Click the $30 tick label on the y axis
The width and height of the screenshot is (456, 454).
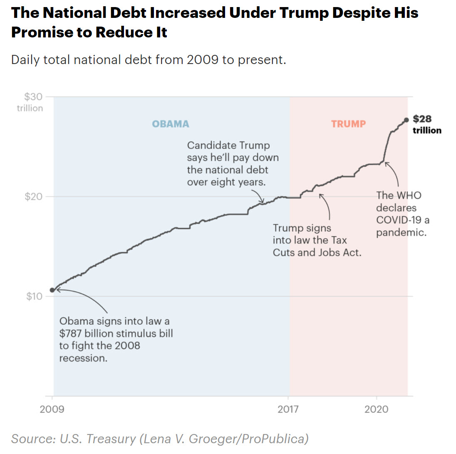tap(33, 97)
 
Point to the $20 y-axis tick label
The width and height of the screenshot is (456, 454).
tap(33, 196)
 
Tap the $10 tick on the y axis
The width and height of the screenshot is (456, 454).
tap(33, 296)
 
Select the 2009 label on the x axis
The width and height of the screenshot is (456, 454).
tap(52, 410)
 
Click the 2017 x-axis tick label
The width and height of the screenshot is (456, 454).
tap(288, 410)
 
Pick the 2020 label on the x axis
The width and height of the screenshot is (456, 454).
tap(377, 410)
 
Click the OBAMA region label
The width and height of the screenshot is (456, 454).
tap(171, 124)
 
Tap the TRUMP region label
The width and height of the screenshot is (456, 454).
tap(349, 124)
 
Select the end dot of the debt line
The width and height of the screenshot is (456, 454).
tap(406, 120)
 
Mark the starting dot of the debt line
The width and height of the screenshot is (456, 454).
tap(52, 290)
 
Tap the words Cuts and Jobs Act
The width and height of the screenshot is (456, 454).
tap(317, 252)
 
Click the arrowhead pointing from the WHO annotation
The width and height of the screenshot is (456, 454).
tap(386, 163)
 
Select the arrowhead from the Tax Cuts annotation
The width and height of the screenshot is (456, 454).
tap(321, 194)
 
